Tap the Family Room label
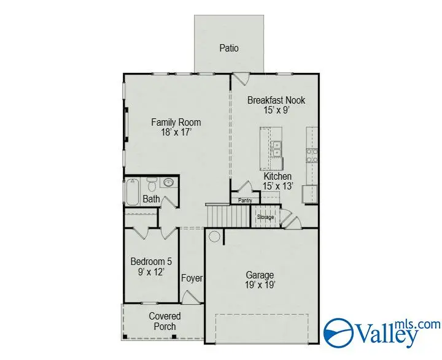click(176, 122)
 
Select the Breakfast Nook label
click(276, 100)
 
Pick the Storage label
click(265, 217)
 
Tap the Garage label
click(261, 275)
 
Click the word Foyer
click(192, 278)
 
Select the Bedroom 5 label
click(147, 261)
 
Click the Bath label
click(151, 199)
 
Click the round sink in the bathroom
click(168, 182)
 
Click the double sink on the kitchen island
click(276, 148)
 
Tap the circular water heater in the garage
click(215, 236)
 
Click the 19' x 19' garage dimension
click(261, 285)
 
